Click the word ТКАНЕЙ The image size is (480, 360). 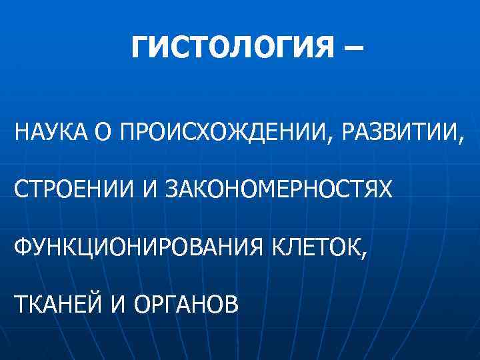tap(57, 305)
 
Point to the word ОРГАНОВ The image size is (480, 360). tap(185, 305)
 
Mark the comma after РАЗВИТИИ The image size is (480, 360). tap(459, 141)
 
